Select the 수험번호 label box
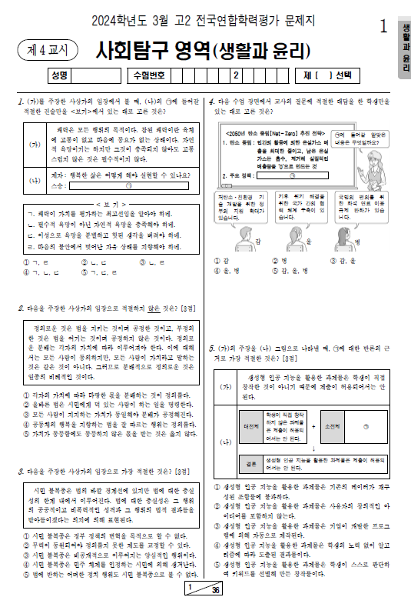147,75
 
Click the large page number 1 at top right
383,26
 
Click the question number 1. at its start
21,102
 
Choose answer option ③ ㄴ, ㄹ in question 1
153,262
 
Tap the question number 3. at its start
21,470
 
